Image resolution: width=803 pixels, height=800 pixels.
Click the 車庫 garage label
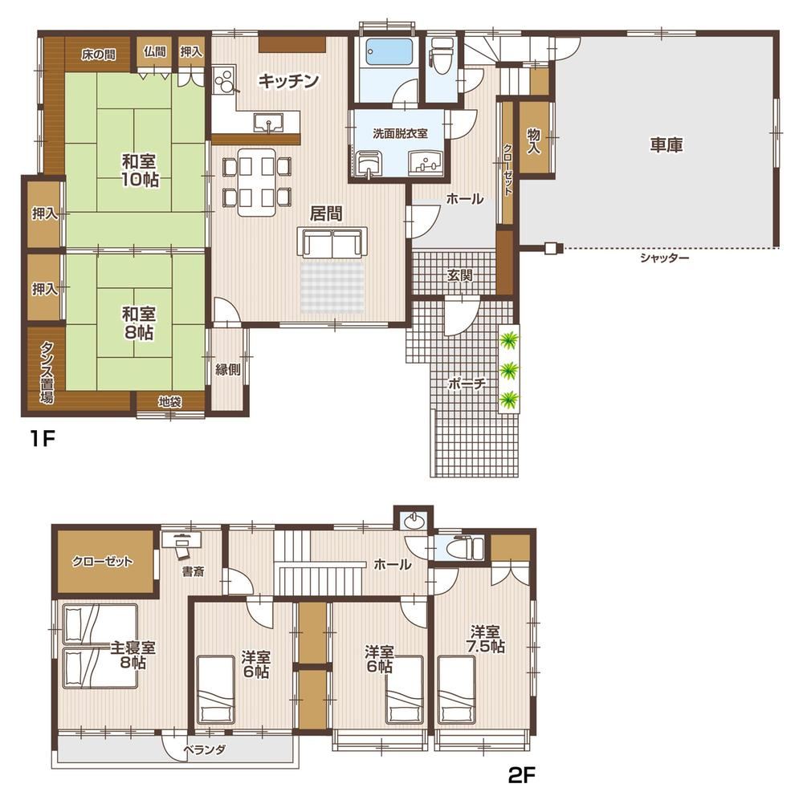pos(666,145)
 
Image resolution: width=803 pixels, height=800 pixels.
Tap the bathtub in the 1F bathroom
pos(389,52)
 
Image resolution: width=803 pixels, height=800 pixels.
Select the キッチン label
pos(288,81)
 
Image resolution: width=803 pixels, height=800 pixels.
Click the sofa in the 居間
pos(332,242)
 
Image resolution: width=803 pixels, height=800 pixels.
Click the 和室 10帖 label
pos(139,170)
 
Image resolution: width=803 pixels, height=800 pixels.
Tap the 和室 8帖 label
pos(138,323)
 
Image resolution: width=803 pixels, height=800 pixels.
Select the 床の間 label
pos(98,55)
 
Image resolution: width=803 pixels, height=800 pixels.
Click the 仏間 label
pos(155,51)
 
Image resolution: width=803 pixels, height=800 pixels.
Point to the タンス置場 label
pos(47,372)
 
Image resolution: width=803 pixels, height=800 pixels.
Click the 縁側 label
pos(227,369)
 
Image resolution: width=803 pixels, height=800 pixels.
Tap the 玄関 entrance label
pos(459,275)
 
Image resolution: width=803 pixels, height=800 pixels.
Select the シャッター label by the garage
pos(664,258)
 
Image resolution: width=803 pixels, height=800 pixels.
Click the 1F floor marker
pos(42,439)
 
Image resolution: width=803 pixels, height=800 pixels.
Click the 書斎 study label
pos(193,572)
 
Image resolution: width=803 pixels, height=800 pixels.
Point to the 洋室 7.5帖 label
pos(486,639)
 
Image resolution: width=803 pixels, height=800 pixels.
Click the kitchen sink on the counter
pos(268,123)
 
